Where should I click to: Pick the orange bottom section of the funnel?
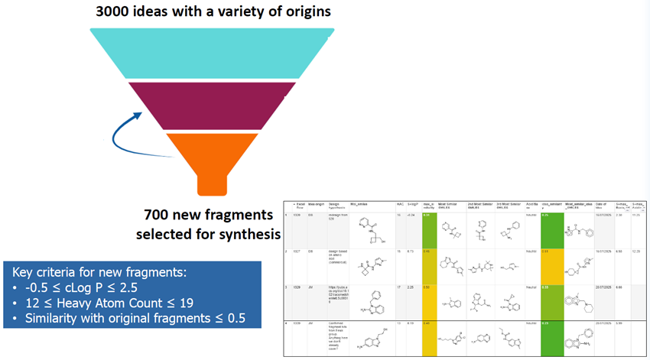[205, 153]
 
